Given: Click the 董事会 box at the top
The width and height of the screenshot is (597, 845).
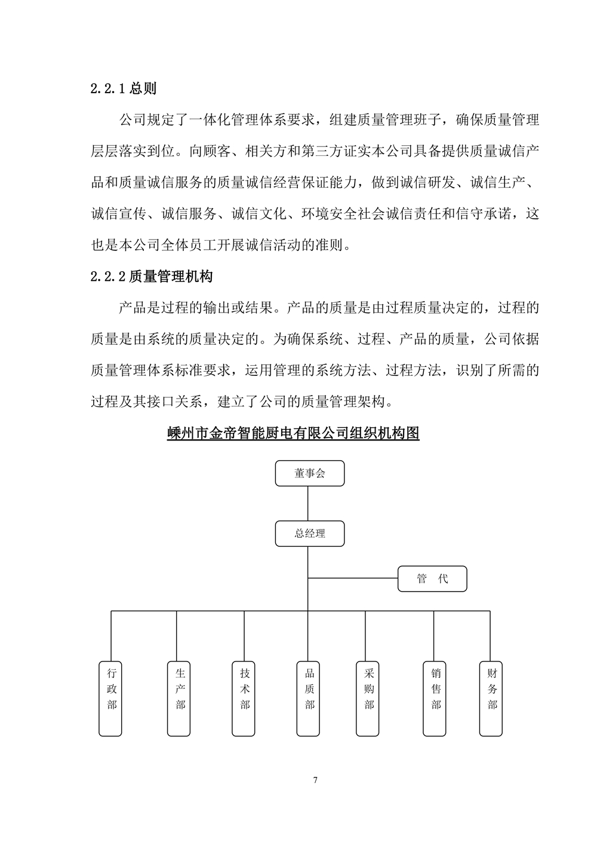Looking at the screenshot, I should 310,473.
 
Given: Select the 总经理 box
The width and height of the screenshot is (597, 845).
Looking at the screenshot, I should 310,533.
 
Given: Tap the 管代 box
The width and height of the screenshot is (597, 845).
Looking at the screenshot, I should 432,578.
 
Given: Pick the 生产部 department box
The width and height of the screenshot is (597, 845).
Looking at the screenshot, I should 180,697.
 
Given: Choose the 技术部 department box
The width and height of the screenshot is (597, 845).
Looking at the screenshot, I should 245,697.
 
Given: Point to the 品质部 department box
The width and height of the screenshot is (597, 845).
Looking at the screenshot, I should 309,697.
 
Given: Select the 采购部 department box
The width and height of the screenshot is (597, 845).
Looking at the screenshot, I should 369,697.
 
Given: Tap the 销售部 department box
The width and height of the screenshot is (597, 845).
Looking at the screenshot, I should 436,697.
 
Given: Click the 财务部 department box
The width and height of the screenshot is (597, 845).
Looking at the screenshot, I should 492,697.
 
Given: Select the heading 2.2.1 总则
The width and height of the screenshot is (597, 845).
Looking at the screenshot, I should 124,88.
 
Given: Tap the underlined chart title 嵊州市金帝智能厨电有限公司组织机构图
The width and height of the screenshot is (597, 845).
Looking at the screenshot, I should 293,433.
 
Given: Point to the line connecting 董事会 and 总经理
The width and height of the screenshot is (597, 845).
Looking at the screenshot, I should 308,503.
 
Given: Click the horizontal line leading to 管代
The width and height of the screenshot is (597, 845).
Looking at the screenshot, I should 353,578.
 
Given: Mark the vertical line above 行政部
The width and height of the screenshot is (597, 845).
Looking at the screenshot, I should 112,635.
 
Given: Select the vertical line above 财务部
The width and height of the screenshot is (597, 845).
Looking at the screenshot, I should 490,635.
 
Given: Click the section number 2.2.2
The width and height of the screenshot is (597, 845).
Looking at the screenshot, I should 108,277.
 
